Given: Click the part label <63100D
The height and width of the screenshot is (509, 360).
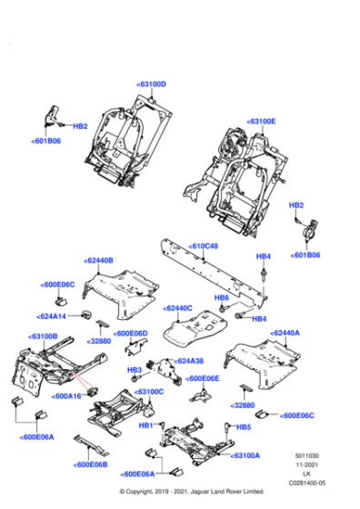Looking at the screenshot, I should coord(152,84).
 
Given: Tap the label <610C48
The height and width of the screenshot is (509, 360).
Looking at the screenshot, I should coord(205,245).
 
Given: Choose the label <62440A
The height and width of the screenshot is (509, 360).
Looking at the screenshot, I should coord(285,333).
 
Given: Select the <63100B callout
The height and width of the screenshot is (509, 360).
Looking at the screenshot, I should coord(44,335).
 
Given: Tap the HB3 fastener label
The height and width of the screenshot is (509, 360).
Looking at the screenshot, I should coord(134,370).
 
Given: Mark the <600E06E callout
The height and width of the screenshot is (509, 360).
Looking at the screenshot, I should coord(204,378).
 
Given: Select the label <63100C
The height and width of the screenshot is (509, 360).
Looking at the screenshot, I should coord(149,392).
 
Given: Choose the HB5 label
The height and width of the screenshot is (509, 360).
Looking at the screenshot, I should coord(243,426).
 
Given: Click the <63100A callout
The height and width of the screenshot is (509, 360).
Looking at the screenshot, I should coord(245,454).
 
